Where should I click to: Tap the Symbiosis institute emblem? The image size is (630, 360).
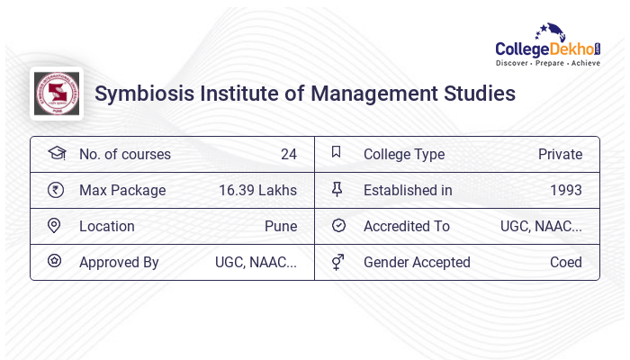click(57, 94)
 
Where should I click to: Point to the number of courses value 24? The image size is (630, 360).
click(288, 155)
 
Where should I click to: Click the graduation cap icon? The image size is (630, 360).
click(56, 154)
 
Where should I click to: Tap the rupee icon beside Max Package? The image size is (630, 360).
click(56, 190)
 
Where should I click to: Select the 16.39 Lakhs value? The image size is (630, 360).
click(257, 191)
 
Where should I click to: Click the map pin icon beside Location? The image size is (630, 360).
click(54, 226)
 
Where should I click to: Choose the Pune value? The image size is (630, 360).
click(280, 227)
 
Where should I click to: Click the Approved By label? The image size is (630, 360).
click(119, 263)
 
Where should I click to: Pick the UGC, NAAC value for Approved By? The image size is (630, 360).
click(256, 263)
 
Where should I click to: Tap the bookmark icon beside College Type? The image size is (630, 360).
click(337, 153)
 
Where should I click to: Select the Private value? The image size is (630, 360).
click(560, 155)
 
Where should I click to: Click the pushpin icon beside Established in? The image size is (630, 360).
click(337, 189)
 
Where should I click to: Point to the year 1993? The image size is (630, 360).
click(565, 191)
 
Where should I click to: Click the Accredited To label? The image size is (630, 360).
click(406, 227)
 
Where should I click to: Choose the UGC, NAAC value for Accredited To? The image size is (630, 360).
click(541, 227)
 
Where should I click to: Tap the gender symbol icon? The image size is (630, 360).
click(337, 262)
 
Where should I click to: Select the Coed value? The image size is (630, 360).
click(565, 263)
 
